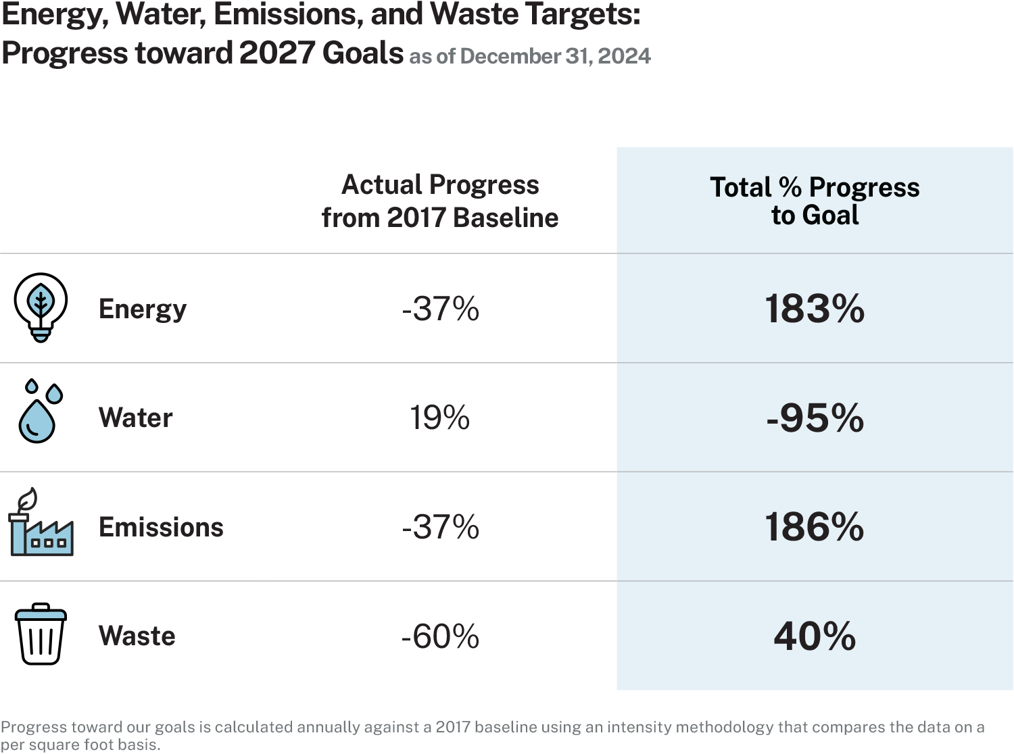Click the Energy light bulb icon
(x=41, y=307)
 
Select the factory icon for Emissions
(x=41, y=524)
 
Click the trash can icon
(x=41, y=634)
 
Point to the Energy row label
(x=143, y=309)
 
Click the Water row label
(x=136, y=418)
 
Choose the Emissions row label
(x=161, y=528)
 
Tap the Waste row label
(x=137, y=636)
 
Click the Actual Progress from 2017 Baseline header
(x=440, y=201)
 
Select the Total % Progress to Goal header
(x=815, y=201)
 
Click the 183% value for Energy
(x=815, y=309)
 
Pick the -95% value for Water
(x=815, y=418)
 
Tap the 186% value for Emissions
(x=815, y=528)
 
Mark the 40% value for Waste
(x=815, y=636)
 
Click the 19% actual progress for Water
(x=440, y=418)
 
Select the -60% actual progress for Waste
(x=440, y=636)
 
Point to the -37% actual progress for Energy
(x=440, y=309)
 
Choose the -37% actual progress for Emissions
(x=440, y=528)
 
